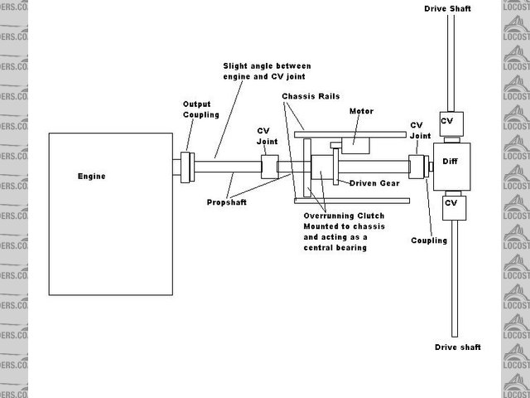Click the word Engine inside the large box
[91, 176]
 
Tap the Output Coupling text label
[196, 109]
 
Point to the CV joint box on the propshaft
[268, 165]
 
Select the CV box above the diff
[449, 122]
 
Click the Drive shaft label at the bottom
[456, 347]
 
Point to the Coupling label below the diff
[428, 240]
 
